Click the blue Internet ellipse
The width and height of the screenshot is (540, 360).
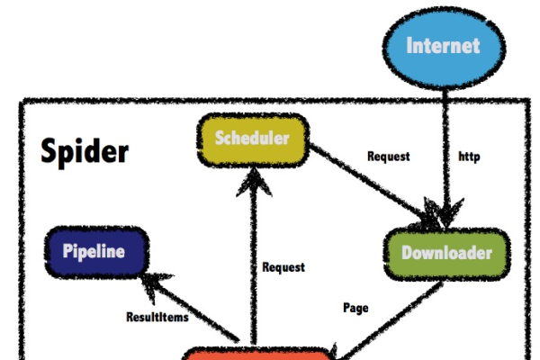[442, 45]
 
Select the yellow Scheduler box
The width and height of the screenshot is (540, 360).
[253, 139]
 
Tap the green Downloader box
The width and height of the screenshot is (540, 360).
[446, 253]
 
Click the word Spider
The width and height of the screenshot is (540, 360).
[85, 151]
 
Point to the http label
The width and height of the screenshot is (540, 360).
[469, 157]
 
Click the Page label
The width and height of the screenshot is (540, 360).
[355, 308]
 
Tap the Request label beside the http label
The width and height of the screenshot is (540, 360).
[388, 157]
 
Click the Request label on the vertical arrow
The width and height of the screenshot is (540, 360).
[283, 267]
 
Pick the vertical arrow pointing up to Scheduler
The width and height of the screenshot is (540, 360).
[254, 261]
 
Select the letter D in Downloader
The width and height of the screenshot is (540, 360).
[406, 253]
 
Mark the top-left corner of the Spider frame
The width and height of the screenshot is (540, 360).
[22, 103]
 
